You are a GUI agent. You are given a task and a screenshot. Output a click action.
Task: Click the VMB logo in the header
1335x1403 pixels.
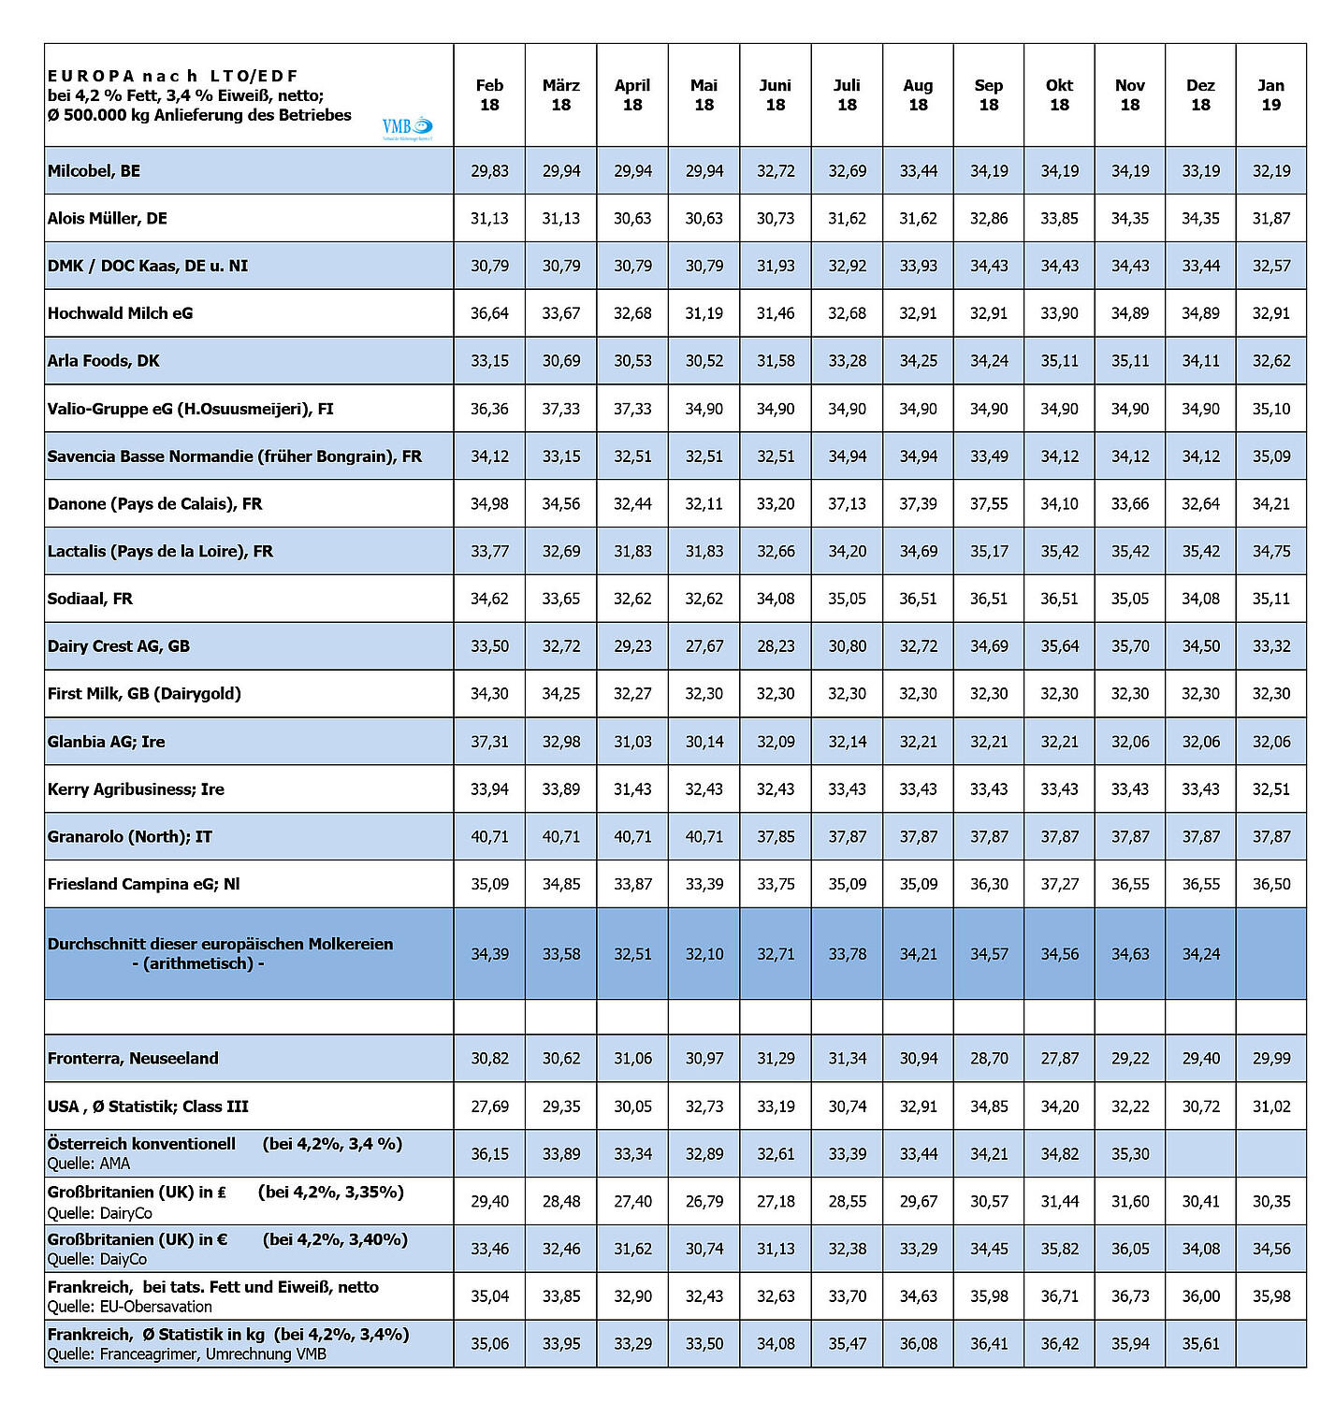pos(407,127)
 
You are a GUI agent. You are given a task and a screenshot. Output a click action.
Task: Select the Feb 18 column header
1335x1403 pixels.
pos(489,95)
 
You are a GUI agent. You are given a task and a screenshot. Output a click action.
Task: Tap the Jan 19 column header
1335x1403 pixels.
pos(1270,95)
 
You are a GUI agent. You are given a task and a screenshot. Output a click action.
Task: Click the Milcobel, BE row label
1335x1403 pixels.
pos(94,171)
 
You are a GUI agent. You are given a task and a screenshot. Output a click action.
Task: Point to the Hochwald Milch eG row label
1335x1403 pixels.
pos(120,313)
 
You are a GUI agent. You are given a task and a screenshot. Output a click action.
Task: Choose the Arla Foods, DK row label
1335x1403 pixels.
pos(103,361)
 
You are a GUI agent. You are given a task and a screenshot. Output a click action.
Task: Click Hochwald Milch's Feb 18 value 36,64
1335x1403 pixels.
pos(489,313)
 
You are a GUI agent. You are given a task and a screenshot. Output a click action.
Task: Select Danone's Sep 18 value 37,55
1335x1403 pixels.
pos(989,504)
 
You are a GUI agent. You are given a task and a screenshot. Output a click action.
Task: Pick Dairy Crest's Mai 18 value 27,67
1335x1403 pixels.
pos(704,646)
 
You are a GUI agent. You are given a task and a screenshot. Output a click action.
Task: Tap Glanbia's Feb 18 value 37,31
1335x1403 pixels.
pos(489,742)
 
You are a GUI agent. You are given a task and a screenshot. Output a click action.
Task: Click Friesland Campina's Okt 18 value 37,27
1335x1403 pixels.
pos(1059,884)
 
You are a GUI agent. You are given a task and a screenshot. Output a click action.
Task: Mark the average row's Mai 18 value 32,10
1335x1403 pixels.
pos(704,954)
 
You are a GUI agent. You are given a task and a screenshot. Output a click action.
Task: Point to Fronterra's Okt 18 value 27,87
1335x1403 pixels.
pos(1059,1059)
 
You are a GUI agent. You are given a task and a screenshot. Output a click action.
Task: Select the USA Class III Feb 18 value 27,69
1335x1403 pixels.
pos(489,1106)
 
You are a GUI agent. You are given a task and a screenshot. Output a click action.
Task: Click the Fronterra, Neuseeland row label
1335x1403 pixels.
pos(133,1059)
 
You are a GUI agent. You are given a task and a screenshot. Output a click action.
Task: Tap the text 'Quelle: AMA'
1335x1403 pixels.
pos(89,1164)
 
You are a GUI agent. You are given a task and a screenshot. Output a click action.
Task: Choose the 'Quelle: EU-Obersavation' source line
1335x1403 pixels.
pos(129,1307)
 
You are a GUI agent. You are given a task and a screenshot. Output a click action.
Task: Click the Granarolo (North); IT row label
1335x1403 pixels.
pos(129,837)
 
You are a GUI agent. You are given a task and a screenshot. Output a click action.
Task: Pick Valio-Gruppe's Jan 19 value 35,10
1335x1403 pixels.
pos(1270,409)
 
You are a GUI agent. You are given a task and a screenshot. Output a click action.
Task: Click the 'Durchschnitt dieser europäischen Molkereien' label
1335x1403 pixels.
pos(220,945)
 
